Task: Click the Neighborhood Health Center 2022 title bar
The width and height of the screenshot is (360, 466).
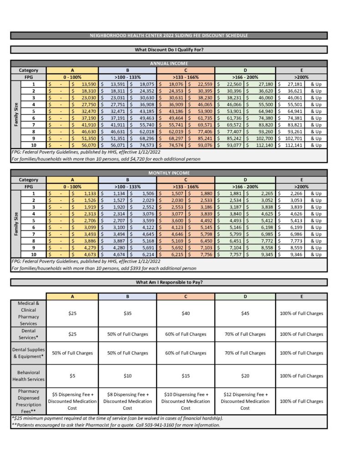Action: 168,35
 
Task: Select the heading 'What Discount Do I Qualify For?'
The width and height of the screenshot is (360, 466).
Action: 168,50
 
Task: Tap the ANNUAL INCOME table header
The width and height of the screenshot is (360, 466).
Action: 168,64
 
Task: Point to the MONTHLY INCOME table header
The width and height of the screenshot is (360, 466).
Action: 168,173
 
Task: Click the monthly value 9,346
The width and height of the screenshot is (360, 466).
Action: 289,254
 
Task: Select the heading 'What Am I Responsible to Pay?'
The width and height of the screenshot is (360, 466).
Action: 168,282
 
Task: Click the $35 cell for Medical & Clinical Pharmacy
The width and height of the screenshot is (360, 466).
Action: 127,314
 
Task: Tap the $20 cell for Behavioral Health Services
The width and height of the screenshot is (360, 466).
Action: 245,376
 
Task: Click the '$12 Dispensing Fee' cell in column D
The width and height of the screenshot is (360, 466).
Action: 245,401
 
